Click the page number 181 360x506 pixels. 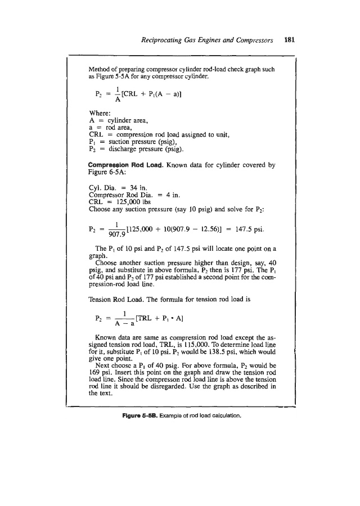[290, 40]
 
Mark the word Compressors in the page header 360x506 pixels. [250, 40]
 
